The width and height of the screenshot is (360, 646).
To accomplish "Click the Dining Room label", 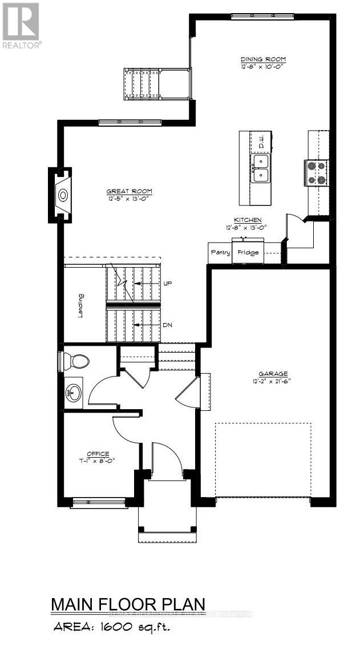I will pyautogui.click(x=262, y=59).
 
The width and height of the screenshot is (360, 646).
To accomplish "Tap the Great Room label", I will pyautogui.click(x=129, y=191).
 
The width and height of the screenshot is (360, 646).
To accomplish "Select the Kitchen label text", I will pyautogui.click(x=247, y=220).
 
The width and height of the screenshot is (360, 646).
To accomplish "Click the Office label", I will pyautogui.click(x=98, y=454).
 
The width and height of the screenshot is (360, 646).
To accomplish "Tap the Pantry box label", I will pyautogui.click(x=220, y=252).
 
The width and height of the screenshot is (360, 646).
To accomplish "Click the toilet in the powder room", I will pyautogui.click(x=75, y=361).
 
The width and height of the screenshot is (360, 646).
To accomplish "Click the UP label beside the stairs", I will pyautogui.click(x=167, y=283).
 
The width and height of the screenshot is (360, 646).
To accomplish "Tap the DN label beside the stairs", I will pyautogui.click(x=167, y=324).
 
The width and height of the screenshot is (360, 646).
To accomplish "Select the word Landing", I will pyautogui.click(x=81, y=306).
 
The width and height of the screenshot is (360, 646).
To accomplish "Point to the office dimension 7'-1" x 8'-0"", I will pyautogui.click(x=98, y=461).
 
